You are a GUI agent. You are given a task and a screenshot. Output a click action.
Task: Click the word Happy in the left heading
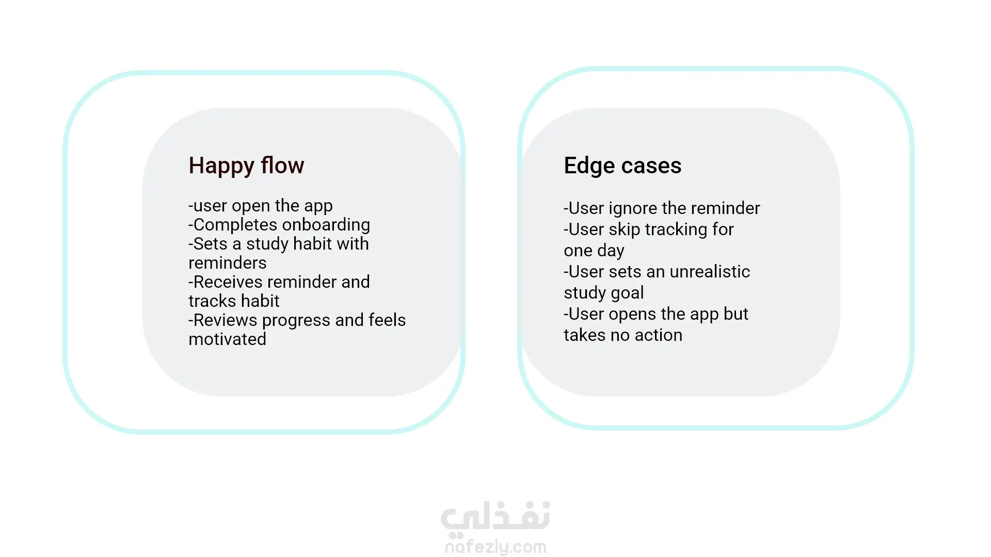(221, 166)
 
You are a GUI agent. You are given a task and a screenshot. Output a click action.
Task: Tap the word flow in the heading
(282, 165)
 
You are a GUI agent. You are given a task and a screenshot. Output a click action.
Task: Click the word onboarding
(326, 225)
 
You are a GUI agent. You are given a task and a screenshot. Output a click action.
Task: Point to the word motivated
(228, 339)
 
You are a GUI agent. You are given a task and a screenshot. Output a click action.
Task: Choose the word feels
(387, 320)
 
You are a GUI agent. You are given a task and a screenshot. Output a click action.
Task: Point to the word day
(611, 251)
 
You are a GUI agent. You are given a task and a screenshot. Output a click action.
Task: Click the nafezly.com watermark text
(495, 547)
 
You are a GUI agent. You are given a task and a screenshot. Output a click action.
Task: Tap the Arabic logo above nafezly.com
(495, 517)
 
